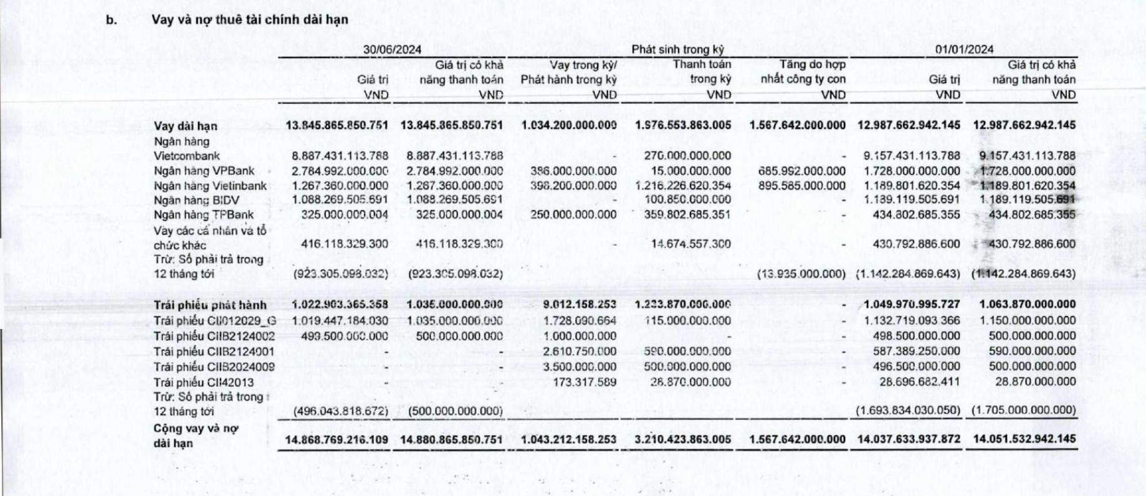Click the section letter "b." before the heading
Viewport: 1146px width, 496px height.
click(x=112, y=20)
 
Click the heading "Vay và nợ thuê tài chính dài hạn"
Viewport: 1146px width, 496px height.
click(x=250, y=20)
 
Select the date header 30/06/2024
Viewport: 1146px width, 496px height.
click(x=392, y=50)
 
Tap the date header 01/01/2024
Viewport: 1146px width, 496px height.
click(x=964, y=50)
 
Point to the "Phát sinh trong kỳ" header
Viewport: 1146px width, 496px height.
click(x=678, y=50)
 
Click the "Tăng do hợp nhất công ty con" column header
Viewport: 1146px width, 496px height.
click(x=803, y=79)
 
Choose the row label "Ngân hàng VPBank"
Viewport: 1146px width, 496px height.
click(x=204, y=171)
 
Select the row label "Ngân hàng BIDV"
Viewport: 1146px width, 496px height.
click(x=196, y=200)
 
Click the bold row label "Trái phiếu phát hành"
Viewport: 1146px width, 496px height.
click(x=210, y=305)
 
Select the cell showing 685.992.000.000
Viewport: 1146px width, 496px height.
click(x=803, y=171)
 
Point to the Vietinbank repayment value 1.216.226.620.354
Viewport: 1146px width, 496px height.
click(x=684, y=186)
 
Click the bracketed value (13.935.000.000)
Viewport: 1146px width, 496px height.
click(x=801, y=274)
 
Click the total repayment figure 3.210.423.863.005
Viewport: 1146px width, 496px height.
click(x=683, y=440)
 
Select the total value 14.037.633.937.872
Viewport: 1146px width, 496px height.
click(x=909, y=440)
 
